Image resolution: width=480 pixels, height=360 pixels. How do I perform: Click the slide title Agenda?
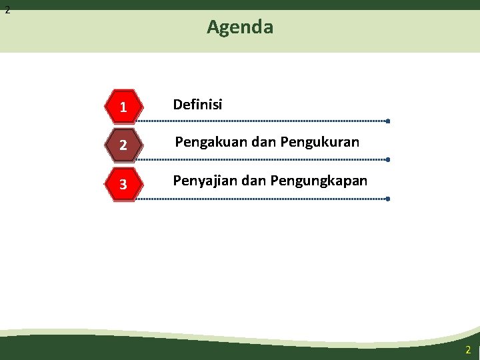coord(240,27)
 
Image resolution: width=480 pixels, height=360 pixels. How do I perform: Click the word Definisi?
coord(198,105)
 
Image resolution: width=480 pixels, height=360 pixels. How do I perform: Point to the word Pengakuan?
coord(206,143)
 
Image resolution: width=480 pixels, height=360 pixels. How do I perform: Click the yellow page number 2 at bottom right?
coord(468,350)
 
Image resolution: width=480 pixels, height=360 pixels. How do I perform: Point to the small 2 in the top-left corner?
coord(7,10)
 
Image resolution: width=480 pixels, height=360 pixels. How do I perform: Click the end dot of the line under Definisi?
coord(387,121)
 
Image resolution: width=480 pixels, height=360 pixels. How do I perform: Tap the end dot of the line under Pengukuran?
coord(387,160)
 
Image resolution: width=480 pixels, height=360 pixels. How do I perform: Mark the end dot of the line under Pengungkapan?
coord(387,199)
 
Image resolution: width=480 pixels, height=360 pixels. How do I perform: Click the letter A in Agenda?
coord(213,27)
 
